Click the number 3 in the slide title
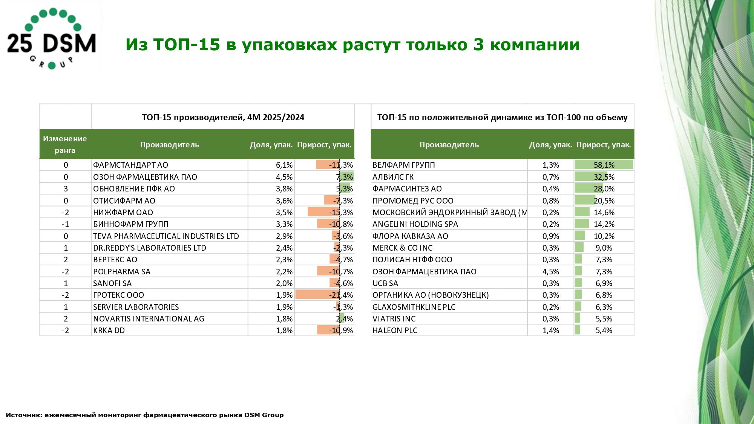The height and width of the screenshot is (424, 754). coord(478,45)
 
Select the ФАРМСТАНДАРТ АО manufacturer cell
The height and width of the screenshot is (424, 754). coord(130,165)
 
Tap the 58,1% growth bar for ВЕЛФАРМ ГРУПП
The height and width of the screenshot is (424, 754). coord(604,165)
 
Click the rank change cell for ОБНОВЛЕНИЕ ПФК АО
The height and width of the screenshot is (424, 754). coord(66,189)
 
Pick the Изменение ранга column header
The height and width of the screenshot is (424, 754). coord(65,144)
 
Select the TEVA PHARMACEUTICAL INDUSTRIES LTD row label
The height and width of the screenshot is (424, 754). coord(166,236)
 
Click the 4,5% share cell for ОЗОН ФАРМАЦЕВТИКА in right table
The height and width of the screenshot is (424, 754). coord(550,272)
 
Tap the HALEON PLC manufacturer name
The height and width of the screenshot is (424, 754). coord(395,331)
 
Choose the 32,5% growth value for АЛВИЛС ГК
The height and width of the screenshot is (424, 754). coord(604,177)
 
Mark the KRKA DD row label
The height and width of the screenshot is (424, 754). coord(109,331)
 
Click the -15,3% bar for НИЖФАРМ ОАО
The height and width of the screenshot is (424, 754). coord(323,213)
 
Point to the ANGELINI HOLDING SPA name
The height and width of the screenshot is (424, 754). coord(415,224)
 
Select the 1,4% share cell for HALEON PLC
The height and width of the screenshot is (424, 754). coord(550,331)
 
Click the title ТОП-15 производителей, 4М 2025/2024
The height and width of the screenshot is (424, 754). coord(223,117)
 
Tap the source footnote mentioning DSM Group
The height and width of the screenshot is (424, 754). coord(145,415)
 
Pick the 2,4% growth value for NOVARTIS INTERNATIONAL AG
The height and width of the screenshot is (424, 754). coord(345,319)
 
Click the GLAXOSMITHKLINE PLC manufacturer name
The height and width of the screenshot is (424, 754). coord(414,307)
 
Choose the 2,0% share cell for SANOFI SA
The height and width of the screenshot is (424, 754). coord(284,283)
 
